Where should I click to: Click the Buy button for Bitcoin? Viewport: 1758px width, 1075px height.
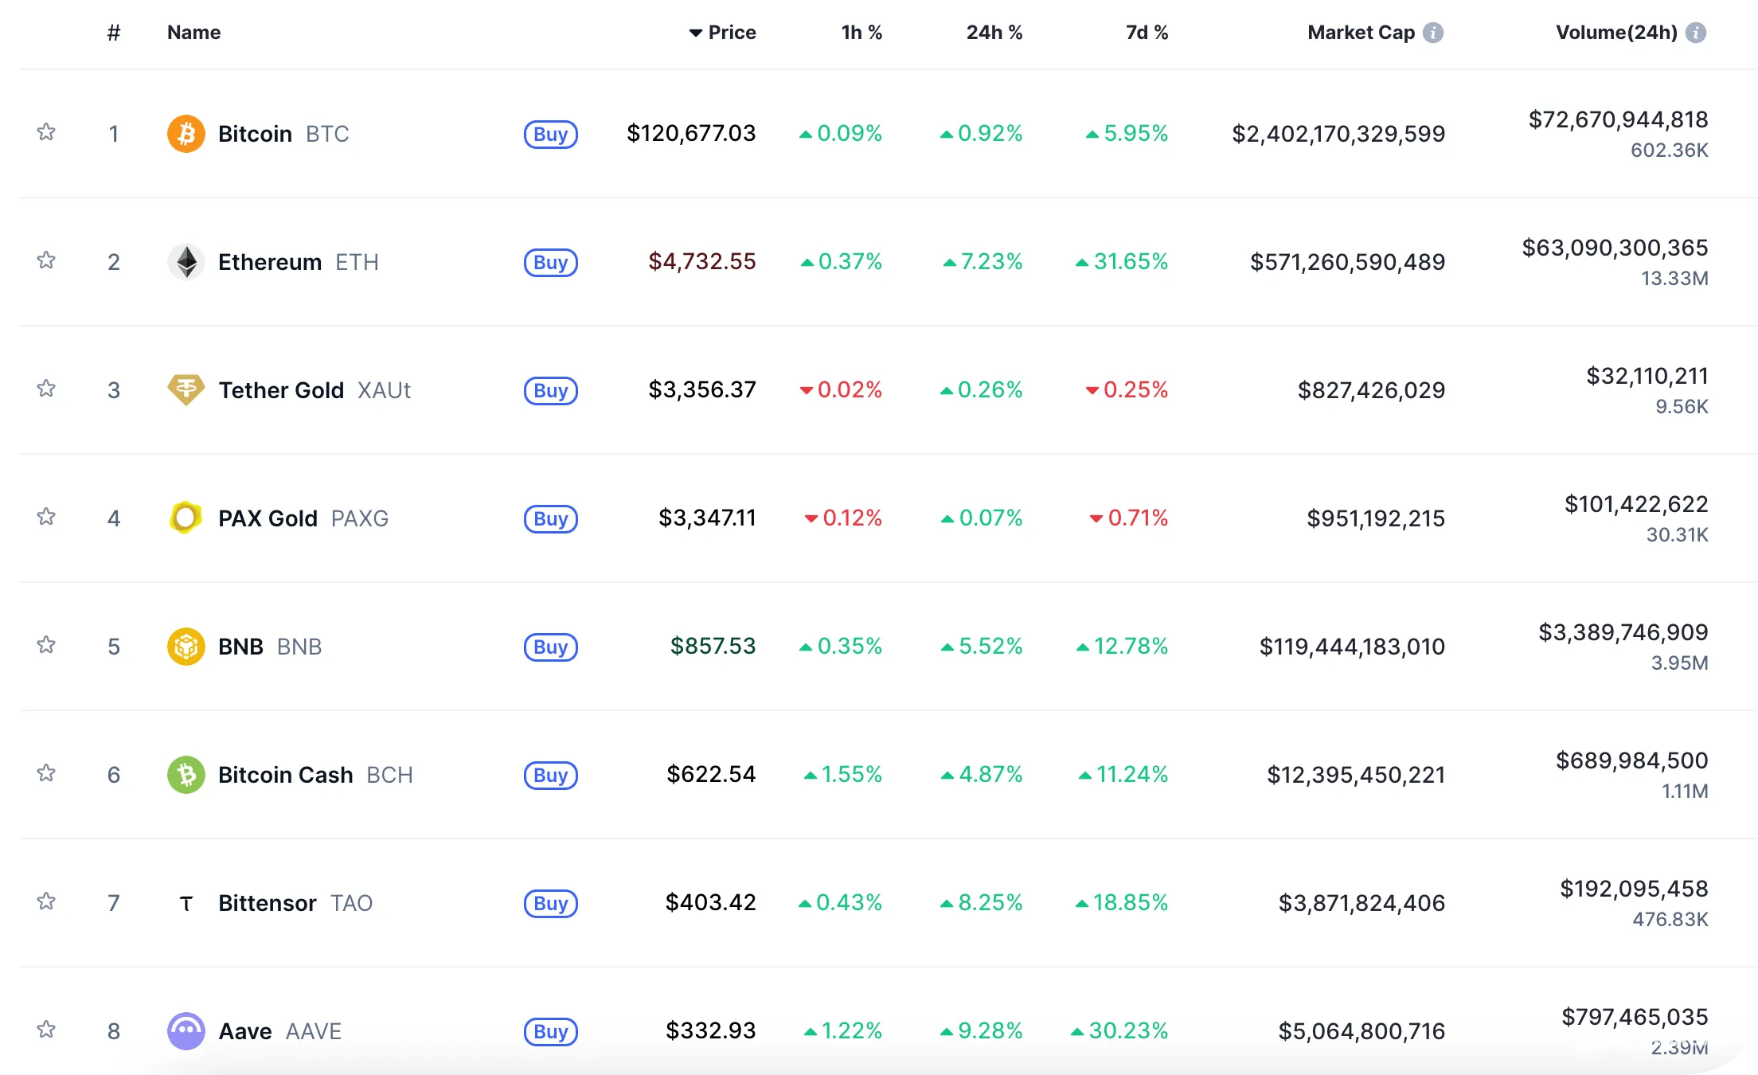[550, 134]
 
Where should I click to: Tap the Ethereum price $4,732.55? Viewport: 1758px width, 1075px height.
[701, 261]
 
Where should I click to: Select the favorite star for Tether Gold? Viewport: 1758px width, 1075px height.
[46, 389]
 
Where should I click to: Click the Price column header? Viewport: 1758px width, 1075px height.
[723, 33]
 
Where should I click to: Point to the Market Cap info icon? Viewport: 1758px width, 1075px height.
[1433, 33]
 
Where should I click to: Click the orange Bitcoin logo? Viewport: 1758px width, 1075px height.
[186, 134]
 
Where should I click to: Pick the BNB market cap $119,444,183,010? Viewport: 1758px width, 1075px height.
[1352, 647]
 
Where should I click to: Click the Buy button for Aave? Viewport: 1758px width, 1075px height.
[550, 1031]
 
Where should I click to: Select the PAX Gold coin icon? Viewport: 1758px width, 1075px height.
[186, 518]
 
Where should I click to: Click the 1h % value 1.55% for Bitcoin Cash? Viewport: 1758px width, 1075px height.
[843, 774]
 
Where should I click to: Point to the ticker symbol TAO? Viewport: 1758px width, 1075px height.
[352, 903]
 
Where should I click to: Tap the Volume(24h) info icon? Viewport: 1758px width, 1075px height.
[1696, 33]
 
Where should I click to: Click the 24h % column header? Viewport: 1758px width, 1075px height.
[994, 33]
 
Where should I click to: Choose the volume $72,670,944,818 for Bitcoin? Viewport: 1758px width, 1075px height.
[1618, 119]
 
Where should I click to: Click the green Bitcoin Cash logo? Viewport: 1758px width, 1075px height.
[186, 775]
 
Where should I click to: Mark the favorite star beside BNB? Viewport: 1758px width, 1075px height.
[46, 645]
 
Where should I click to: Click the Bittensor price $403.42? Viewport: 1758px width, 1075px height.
[710, 902]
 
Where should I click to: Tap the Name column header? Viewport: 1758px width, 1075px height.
[193, 33]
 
